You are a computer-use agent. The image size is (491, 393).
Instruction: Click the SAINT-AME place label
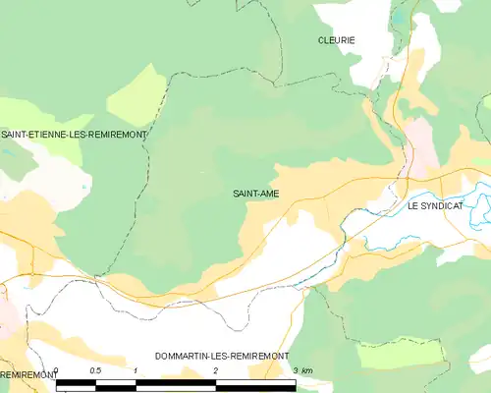[x=256, y=194]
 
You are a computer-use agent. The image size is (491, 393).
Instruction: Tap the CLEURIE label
[x=336, y=40]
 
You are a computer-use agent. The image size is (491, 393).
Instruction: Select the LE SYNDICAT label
[x=434, y=207]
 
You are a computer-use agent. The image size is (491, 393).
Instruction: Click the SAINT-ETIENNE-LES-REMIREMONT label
[x=74, y=134]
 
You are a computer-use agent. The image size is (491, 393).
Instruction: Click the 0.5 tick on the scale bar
[x=95, y=370]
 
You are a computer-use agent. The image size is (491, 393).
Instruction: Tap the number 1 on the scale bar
[x=136, y=370]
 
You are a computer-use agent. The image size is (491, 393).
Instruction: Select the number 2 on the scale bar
[x=215, y=370]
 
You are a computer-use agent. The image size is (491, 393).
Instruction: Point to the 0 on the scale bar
[x=57, y=370]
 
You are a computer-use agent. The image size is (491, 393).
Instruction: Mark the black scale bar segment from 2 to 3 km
[x=255, y=384]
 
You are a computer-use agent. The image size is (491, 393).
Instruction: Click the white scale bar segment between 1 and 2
[x=175, y=384]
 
